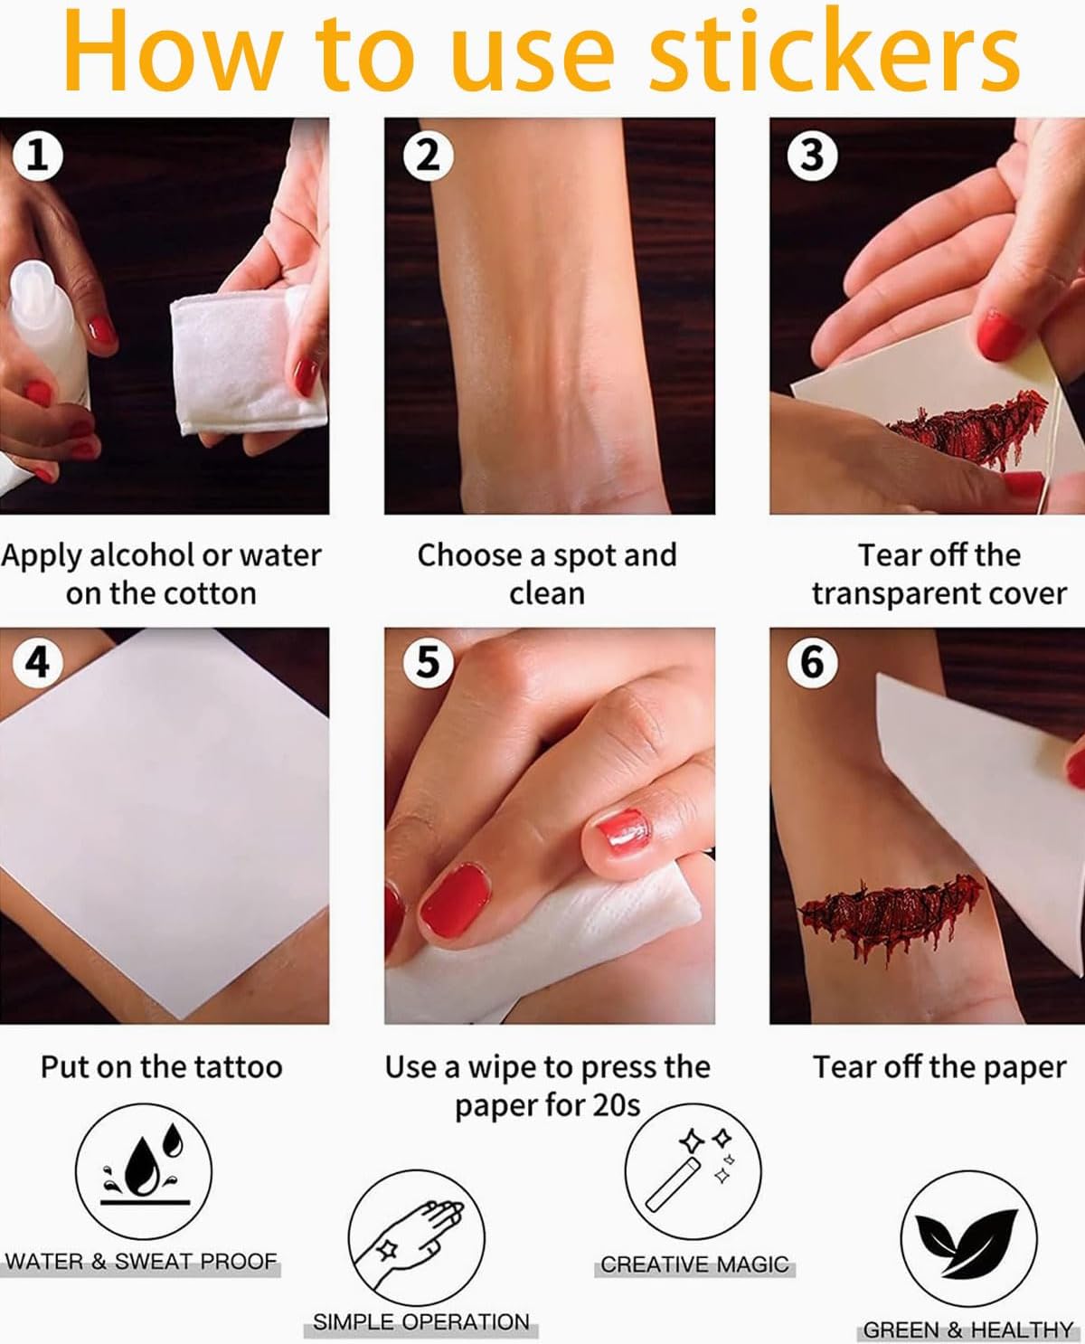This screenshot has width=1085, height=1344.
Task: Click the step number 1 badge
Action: tap(38, 156)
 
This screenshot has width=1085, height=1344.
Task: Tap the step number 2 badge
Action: tap(428, 156)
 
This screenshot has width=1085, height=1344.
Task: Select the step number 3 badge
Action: tap(812, 156)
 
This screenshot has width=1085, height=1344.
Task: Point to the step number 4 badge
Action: tap(38, 663)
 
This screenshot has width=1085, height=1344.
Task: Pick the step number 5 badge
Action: tap(428, 663)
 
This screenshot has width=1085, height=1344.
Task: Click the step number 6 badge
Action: tap(812, 663)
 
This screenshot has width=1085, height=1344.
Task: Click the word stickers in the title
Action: tap(834, 52)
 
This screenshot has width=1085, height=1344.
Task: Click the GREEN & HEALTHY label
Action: tap(967, 1330)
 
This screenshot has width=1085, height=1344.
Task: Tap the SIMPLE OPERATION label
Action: tap(420, 1321)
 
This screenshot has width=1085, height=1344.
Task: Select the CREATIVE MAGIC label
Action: tap(694, 1264)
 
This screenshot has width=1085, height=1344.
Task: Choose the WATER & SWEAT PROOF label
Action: tap(141, 1261)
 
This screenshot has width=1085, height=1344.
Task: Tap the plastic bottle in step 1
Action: tap(47, 335)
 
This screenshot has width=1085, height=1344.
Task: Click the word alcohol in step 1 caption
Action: tap(142, 556)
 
